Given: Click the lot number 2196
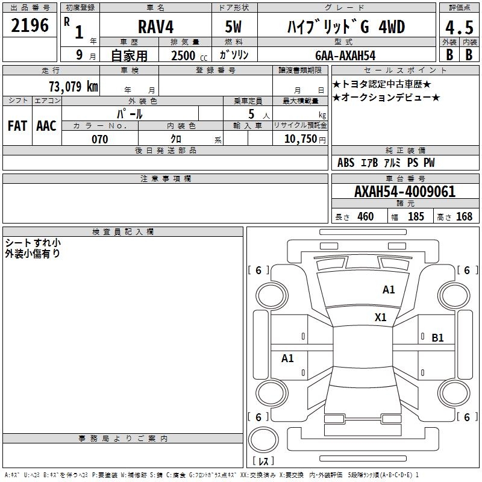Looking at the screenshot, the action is point(30,25).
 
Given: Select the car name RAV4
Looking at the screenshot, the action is point(155,27).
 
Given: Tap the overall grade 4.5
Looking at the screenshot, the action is point(459,28).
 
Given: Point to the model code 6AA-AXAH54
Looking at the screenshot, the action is point(345,55).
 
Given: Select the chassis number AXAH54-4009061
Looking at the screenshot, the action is point(405,192).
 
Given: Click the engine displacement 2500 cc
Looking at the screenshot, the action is point(183,55).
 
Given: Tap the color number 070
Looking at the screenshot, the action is point(99,139).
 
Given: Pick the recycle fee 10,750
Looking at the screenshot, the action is point(299,139).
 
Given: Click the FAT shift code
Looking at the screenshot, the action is point(17,126).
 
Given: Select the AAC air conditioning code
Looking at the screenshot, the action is point(46,126).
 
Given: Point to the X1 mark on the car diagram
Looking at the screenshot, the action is point(380,318).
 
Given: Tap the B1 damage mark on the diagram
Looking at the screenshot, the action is point(437,338).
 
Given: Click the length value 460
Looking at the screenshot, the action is point(366,217).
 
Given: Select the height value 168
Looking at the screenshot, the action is point(464,217).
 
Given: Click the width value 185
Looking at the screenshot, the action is point(416,217).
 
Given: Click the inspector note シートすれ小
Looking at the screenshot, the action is point(33,243).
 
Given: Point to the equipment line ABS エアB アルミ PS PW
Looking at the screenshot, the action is point(386,163).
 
